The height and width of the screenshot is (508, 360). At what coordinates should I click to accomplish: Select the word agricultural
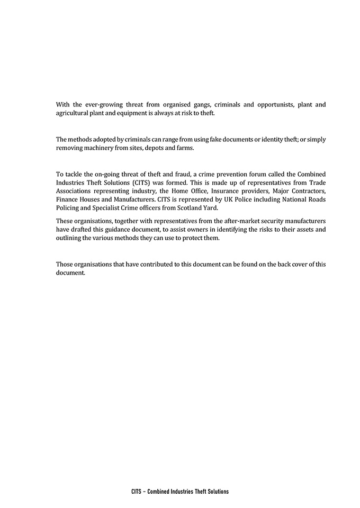click(x=73, y=113)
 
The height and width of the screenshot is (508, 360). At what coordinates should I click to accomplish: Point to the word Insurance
click(x=203, y=191)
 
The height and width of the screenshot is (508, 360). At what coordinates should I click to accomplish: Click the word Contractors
click(x=307, y=191)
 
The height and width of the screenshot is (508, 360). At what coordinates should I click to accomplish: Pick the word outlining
click(x=70, y=238)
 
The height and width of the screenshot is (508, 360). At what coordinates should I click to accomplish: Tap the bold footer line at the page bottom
click(x=180, y=492)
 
